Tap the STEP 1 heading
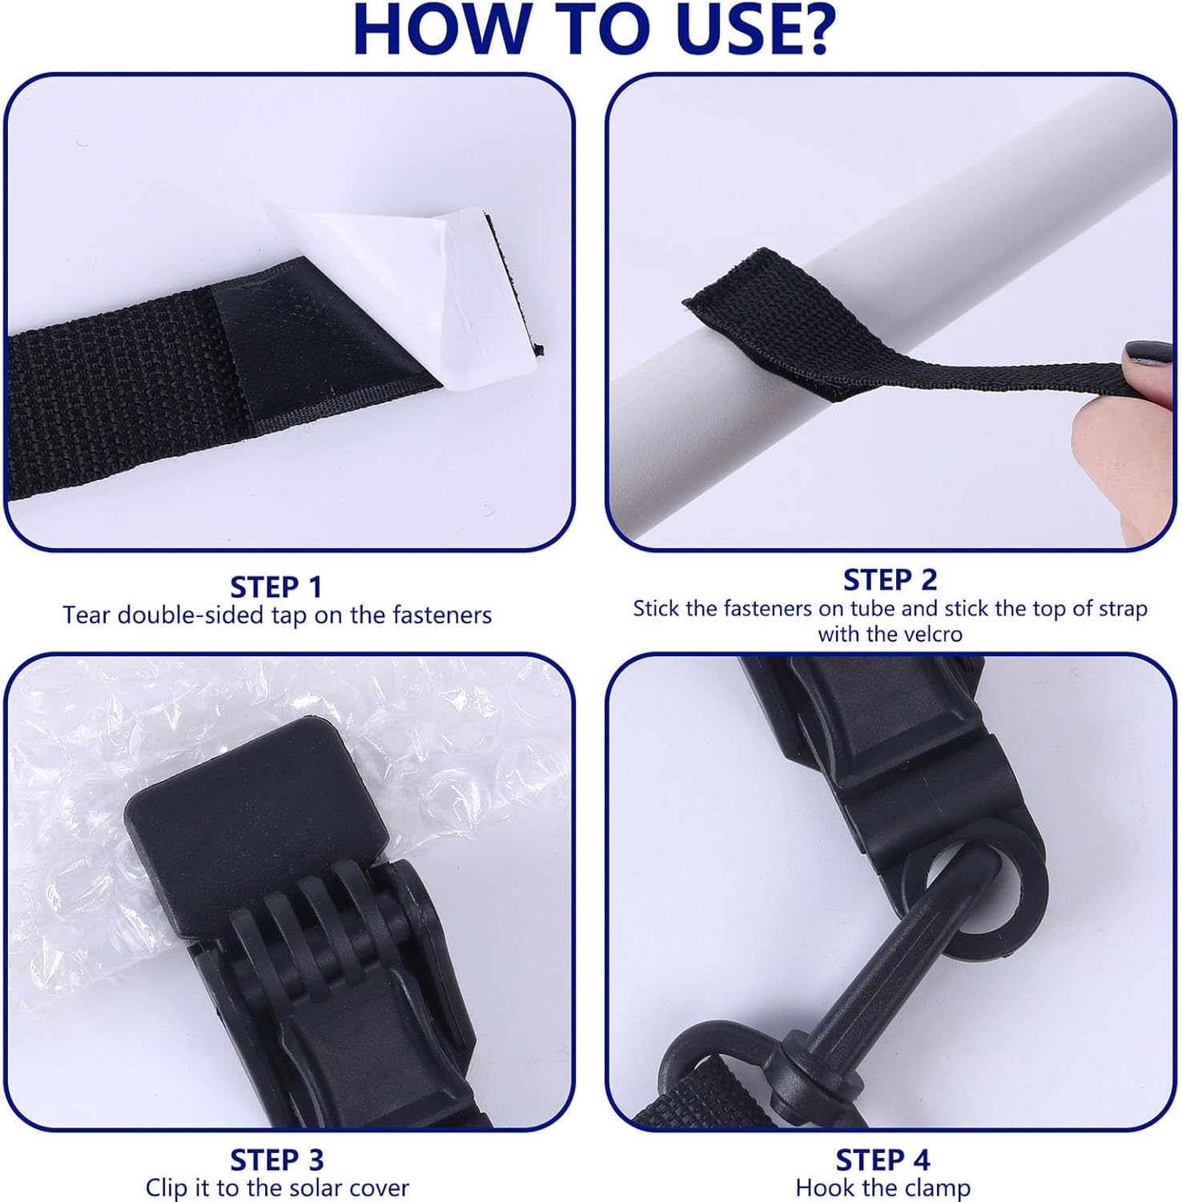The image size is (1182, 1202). click(276, 587)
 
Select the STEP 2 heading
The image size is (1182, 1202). click(890, 579)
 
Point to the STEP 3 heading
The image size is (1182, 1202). click(276, 1160)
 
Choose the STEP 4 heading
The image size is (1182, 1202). click(882, 1160)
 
